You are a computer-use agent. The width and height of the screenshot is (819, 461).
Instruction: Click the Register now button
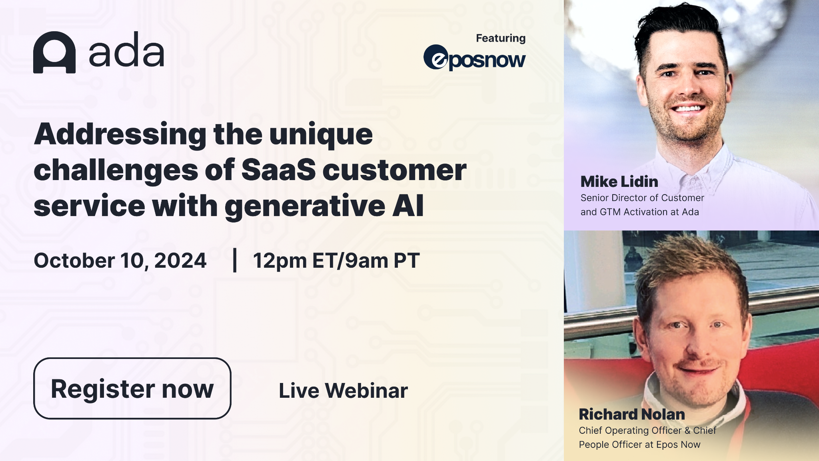[132, 388]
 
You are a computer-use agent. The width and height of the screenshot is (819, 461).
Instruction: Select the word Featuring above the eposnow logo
[501, 38]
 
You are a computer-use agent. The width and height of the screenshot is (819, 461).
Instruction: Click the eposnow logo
[475, 58]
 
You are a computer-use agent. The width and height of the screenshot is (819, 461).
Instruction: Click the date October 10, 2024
[120, 261]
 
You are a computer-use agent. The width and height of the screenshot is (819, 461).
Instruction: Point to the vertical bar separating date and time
[235, 260]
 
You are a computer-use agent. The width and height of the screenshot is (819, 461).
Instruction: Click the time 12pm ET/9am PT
[336, 261]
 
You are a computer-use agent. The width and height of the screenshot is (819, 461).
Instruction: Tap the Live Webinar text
[343, 391]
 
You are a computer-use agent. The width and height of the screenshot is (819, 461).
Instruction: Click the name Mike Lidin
[619, 182]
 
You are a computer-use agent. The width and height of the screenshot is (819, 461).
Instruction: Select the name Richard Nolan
[632, 414]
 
